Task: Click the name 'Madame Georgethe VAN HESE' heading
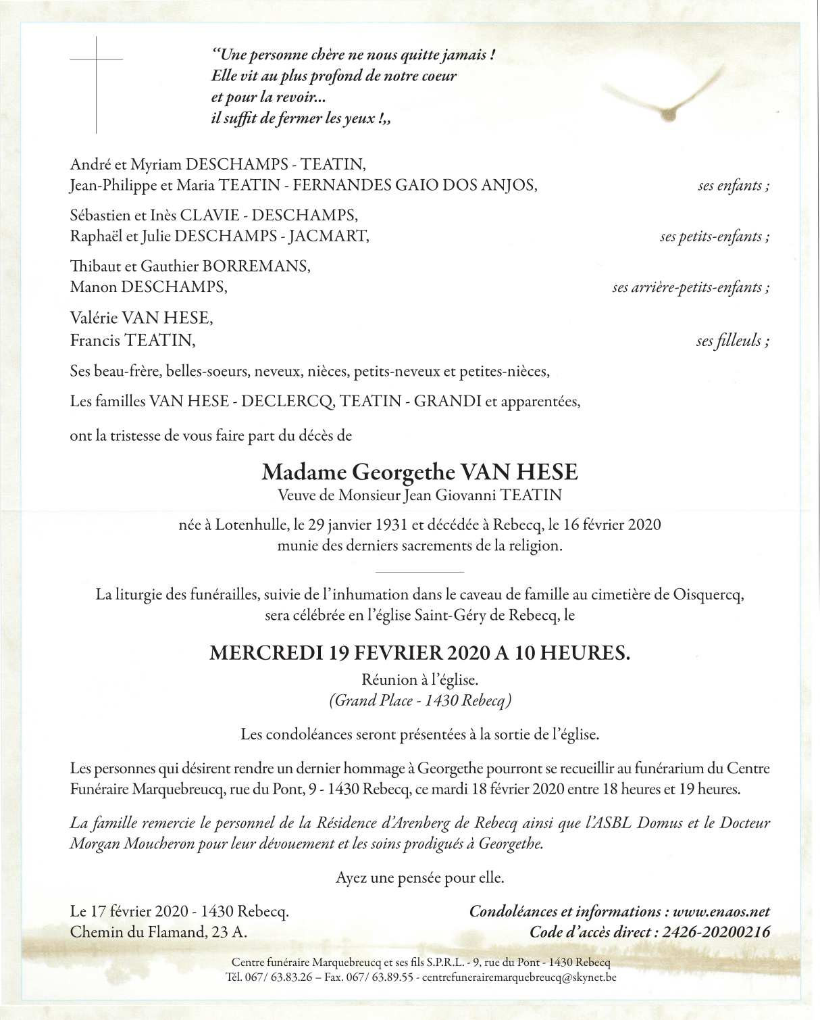(x=419, y=472)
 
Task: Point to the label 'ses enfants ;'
(x=734, y=186)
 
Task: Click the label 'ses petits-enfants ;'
(x=715, y=237)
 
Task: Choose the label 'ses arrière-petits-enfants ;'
(x=690, y=287)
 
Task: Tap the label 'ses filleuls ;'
(x=733, y=341)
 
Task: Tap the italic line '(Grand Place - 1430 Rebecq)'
(x=419, y=700)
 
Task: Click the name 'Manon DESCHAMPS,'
(x=149, y=287)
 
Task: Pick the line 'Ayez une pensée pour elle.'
(x=419, y=878)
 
